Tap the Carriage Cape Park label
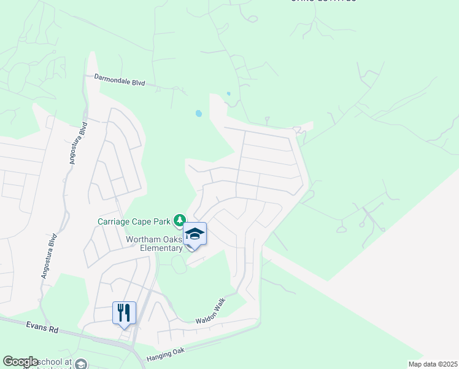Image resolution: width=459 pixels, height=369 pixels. pyautogui.click(x=134, y=221)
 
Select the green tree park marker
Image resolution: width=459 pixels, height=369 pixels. pyautogui.click(x=180, y=220)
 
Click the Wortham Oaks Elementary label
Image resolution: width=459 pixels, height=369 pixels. pyautogui.click(x=154, y=244)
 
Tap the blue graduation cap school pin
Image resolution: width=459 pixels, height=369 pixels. pyautogui.click(x=195, y=235)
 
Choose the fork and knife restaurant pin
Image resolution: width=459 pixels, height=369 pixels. pyautogui.click(x=124, y=312)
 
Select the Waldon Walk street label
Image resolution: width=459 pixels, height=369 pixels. pyautogui.click(x=208, y=312)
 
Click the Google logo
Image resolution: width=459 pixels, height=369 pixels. pyautogui.click(x=21, y=362)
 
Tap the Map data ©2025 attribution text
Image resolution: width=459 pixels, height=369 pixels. pyautogui.click(x=433, y=364)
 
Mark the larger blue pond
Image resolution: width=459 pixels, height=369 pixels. pyautogui.click(x=198, y=114)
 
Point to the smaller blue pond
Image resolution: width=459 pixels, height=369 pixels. pyautogui.click(x=228, y=93)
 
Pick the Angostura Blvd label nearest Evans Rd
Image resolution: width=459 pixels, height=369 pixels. pyautogui.click(x=50, y=256)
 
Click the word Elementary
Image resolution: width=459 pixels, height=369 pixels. pyautogui.click(x=163, y=248)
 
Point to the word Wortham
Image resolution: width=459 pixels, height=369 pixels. pyautogui.click(x=144, y=239)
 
